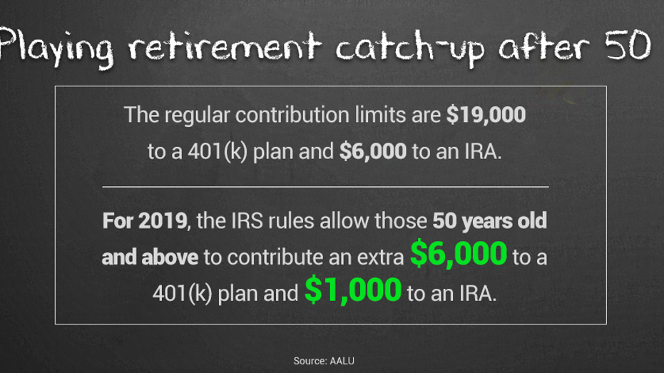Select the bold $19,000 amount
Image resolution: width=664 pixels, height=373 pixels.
click(486, 115)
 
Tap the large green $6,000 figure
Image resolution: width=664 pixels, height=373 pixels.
click(459, 255)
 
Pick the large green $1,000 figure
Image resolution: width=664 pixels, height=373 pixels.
click(352, 292)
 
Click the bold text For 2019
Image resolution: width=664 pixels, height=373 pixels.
click(143, 220)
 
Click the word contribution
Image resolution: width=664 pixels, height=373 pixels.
click(288, 115)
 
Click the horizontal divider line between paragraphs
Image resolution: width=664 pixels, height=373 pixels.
click(325, 186)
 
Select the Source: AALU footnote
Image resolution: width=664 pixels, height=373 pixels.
click(324, 361)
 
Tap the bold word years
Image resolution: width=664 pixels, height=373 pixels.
click(486, 220)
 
